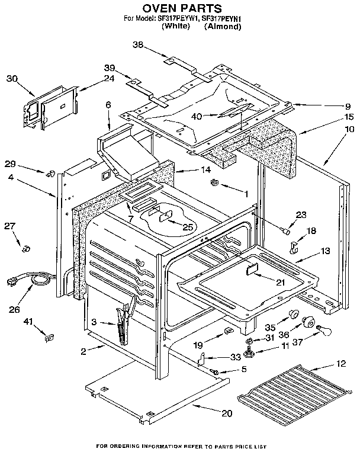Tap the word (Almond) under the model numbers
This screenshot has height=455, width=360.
pyautogui.click(x=223, y=27)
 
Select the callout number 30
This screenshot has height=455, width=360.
pyautogui.click(x=12, y=78)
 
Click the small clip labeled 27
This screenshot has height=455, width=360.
pyautogui.click(x=25, y=248)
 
